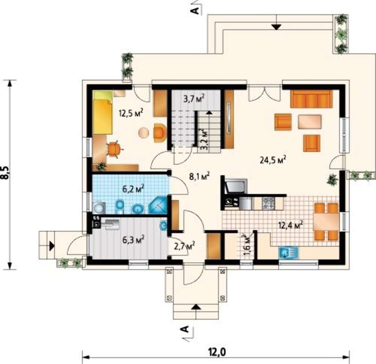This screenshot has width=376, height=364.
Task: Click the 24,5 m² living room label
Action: tap(273, 159)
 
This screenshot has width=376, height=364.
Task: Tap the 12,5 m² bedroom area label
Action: tap(131, 112)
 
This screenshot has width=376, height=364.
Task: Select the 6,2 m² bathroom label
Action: tap(133, 189)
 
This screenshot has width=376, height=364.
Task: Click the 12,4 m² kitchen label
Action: tap(291, 225)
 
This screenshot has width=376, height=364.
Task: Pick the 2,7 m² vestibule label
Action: tap(184, 246)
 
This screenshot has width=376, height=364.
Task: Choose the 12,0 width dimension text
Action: tap(217, 352)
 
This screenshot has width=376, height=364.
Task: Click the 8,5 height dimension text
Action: tap(5, 172)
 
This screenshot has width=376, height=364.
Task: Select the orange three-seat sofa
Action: tap(311, 99)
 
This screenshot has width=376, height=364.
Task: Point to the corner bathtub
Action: tap(158, 205)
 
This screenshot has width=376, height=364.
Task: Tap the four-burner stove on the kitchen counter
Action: tap(268, 203)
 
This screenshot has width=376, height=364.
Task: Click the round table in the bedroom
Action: tap(144, 132)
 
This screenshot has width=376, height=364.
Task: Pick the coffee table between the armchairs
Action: tap(310, 122)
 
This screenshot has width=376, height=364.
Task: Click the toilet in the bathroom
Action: tap(120, 206)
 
